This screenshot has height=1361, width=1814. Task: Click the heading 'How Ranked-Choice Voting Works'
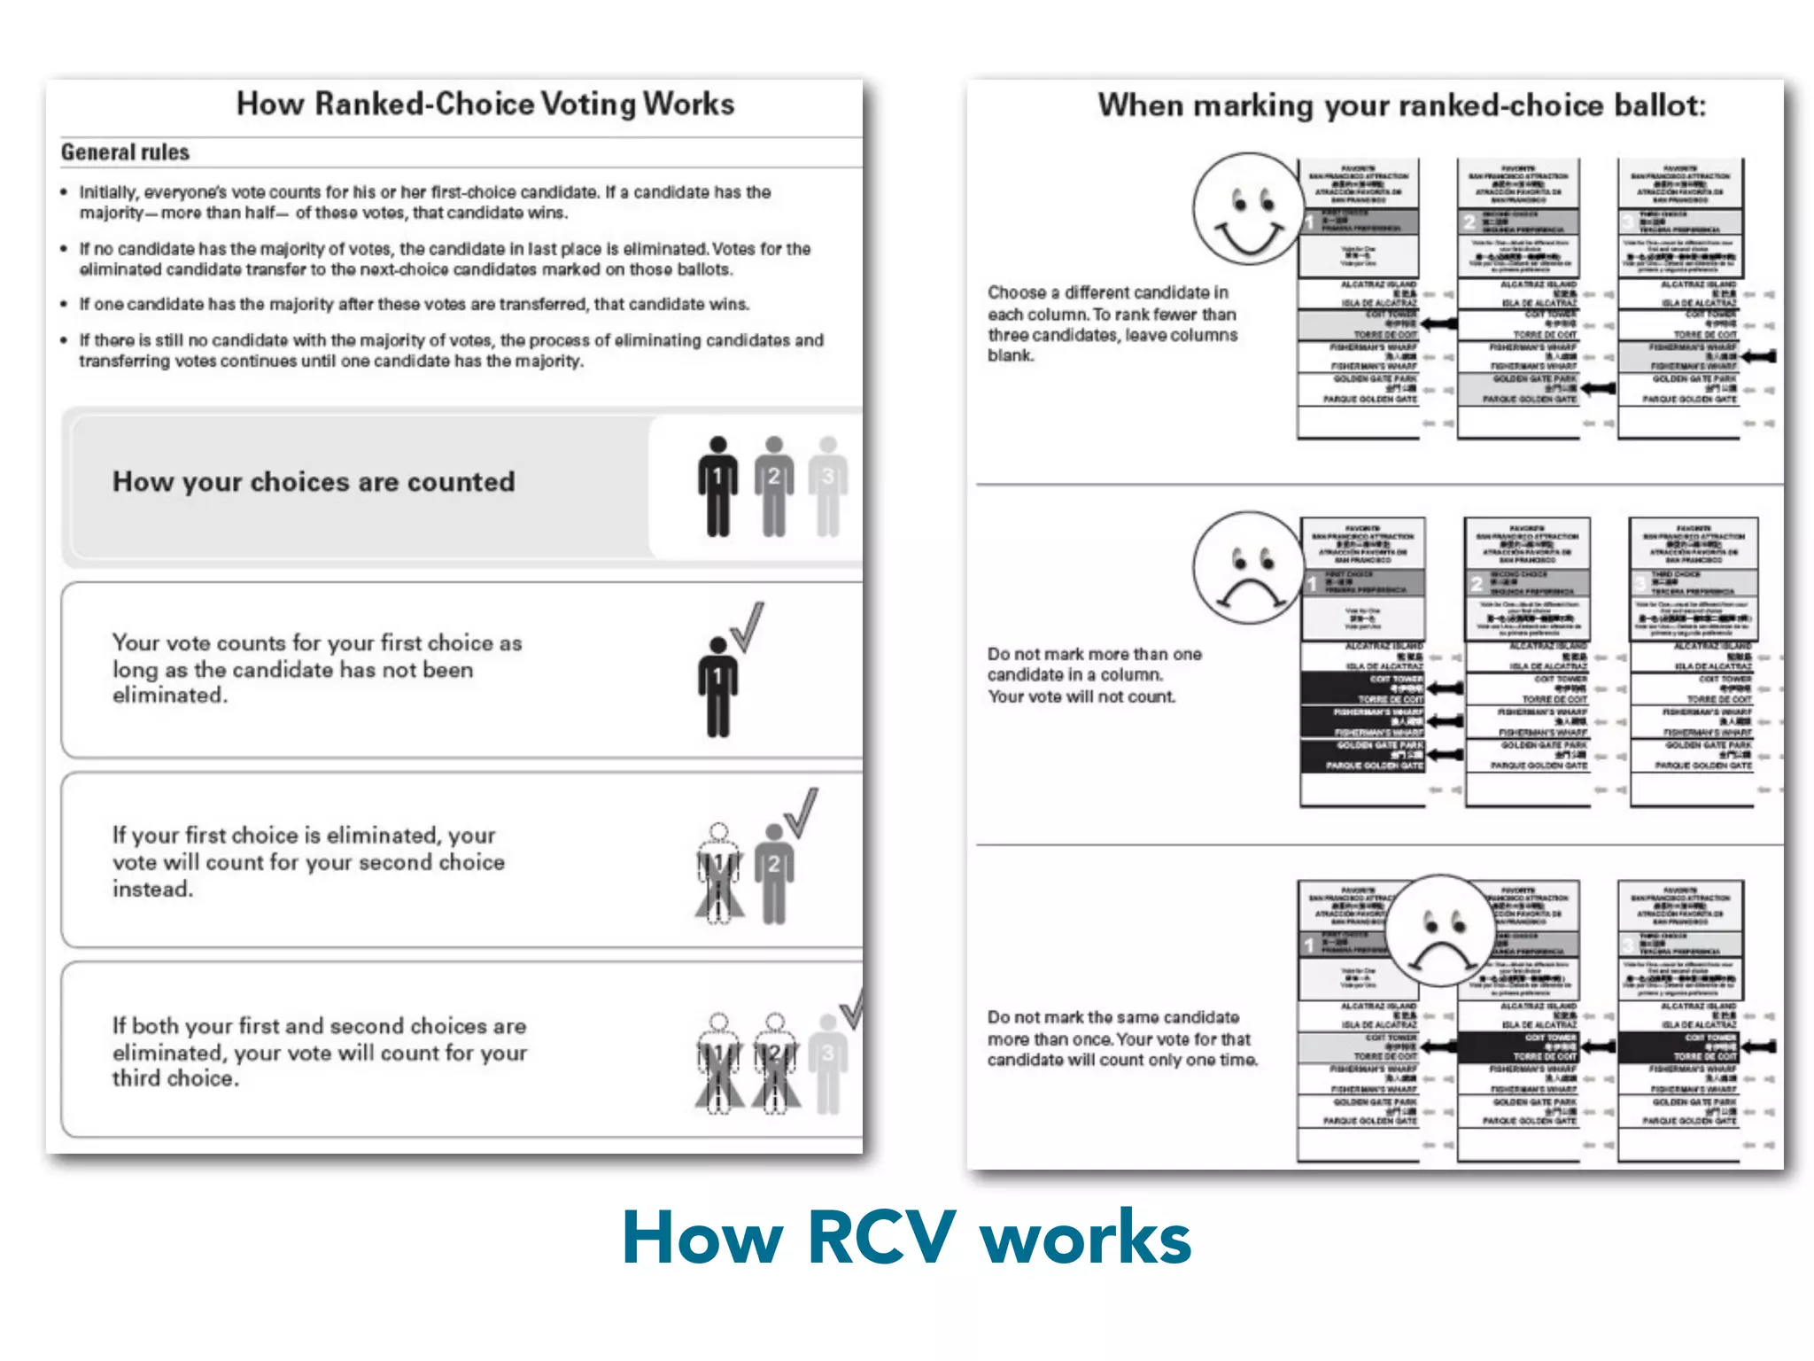click(x=485, y=104)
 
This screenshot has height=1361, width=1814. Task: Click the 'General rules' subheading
click(x=125, y=152)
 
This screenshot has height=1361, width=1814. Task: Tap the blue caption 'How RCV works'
click(x=906, y=1237)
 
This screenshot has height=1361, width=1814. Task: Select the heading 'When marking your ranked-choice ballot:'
click(x=1401, y=105)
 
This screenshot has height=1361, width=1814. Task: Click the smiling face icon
click(x=1248, y=209)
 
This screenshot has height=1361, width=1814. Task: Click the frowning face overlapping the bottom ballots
click(x=1441, y=931)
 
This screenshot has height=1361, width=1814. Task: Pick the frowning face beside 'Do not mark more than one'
click(x=1248, y=568)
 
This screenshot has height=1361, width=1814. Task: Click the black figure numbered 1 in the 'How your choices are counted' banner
click(x=717, y=486)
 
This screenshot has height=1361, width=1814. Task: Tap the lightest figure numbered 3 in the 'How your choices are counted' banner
click(x=828, y=486)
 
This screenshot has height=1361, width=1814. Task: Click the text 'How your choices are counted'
click(x=313, y=481)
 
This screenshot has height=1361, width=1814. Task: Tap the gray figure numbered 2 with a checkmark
click(x=774, y=873)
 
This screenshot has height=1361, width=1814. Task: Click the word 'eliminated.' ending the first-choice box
click(x=169, y=696)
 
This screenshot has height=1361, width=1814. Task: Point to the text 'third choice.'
click(x=174, y=1078)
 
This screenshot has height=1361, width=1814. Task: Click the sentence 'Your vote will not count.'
click(x=1081, y=696)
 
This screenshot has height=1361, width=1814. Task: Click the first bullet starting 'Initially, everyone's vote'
click(x=424, y=202)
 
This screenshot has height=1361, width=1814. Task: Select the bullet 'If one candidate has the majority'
click(x=414, y=304)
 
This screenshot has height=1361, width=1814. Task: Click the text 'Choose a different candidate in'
click(x=1108, y=292)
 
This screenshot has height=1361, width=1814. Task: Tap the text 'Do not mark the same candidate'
click(x=1113, y=1017)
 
